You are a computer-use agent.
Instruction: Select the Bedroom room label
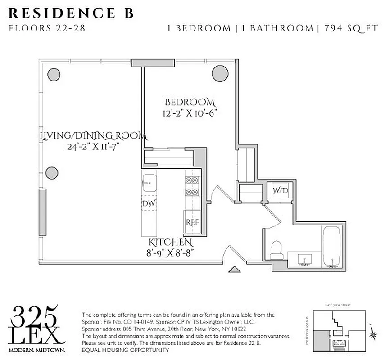click(190, 102)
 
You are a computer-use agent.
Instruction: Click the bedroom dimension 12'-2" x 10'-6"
click(190, 113)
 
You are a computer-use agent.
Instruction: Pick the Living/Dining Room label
click(93, 135)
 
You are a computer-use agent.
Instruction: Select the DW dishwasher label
click(148, 204)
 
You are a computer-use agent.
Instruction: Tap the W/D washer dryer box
click(279, 191)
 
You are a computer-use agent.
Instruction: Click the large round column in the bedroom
click(221, 73)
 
